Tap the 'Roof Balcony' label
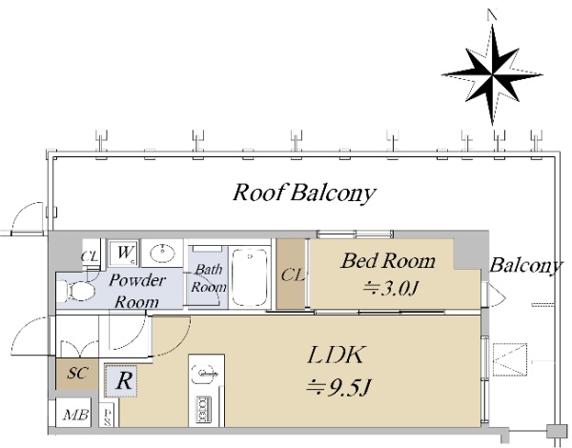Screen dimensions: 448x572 305,193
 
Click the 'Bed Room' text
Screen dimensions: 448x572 388,260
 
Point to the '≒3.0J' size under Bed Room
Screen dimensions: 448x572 389,288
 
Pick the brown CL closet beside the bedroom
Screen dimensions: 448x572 292,275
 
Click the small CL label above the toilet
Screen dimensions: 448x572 90,256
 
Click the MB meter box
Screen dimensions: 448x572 71,416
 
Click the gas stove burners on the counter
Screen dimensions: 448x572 204,408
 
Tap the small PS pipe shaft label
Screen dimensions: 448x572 108,415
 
